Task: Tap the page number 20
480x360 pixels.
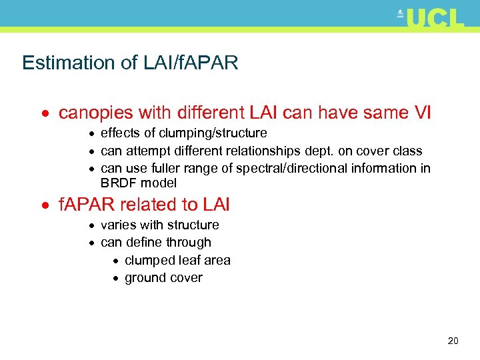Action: (x=453, y=341)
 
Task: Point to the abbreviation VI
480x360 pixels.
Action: (x=423, y=113)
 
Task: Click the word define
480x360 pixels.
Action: (x=142, y=243)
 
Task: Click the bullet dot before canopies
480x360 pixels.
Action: (x=48, y=114)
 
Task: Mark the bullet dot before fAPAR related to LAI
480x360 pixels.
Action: (x=48, y=205)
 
